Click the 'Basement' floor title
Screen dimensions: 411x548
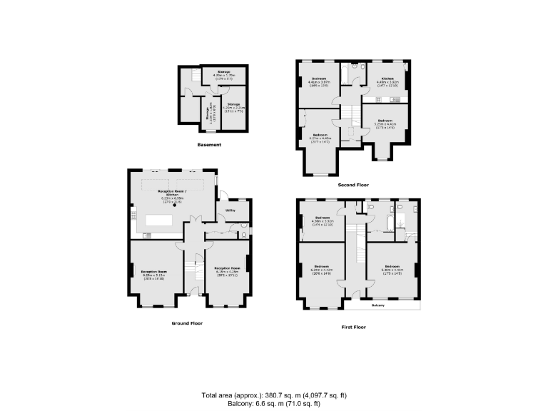tap(209, 145)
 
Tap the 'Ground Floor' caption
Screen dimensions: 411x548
tap(187, 323)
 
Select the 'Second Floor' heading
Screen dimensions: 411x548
tap(353, 185)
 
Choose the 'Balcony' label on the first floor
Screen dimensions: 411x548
tap(378, 305)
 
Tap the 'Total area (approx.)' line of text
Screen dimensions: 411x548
tap(273, 395)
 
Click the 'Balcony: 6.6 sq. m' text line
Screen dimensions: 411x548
tap(273, 403)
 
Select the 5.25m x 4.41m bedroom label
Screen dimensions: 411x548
tap(385, 123)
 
